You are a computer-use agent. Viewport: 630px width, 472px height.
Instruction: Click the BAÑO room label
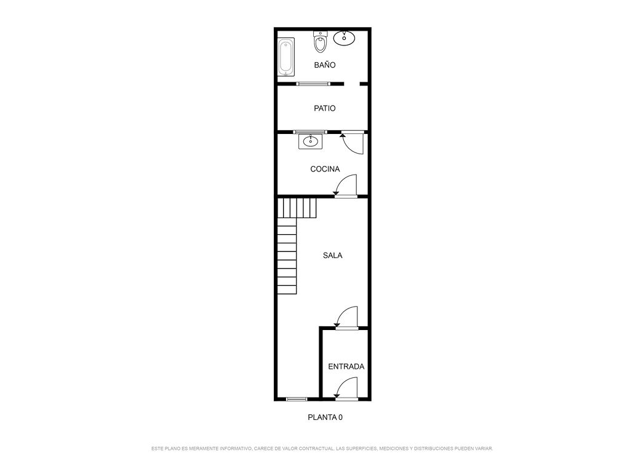click(325, 65)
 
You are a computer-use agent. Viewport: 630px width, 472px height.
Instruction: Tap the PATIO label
click(325, 108)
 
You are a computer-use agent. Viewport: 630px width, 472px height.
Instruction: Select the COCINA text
click(325, 169)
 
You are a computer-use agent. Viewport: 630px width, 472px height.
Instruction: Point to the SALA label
click(333, 255)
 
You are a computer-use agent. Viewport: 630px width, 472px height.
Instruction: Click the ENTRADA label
click(346, 366)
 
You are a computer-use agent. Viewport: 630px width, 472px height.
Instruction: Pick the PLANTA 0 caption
click(325, 417)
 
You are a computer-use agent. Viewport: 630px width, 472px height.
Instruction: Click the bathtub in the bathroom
click(287, 57)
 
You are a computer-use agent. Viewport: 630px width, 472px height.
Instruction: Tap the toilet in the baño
click(320, 42)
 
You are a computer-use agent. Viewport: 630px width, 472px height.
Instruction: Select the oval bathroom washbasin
click(345, 37)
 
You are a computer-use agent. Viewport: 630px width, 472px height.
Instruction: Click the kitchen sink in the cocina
click(310, 141)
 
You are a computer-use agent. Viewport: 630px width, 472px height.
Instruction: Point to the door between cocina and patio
click(353, 143)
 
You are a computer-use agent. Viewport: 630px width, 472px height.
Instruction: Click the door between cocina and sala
click(346, 186)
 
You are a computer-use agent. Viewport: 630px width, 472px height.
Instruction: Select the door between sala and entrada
click(346, 318)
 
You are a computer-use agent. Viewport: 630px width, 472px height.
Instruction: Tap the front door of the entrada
click(346, 389)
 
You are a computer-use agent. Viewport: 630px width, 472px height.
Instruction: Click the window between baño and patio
click(313, 84)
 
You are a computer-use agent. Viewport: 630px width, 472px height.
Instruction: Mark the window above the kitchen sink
click(310, 132)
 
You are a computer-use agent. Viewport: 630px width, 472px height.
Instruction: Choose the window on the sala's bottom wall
click(297, 399)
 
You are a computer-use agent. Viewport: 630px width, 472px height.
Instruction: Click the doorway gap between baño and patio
click(351, 84)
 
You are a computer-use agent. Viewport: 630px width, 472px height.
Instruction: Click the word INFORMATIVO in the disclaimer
click(236, 449)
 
